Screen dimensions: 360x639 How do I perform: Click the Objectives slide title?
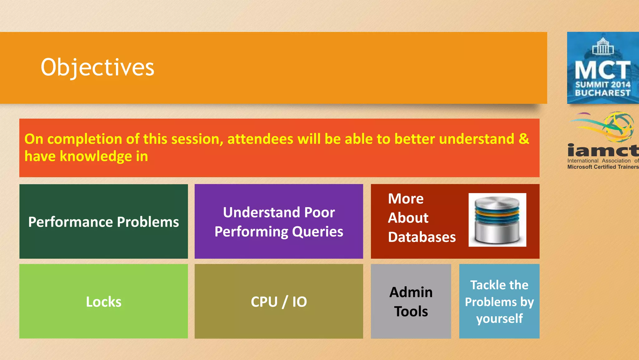(x=97, y=67)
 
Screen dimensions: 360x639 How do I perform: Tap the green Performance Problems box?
(x=103, y=222)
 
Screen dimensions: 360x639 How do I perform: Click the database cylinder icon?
(x=497, y=220)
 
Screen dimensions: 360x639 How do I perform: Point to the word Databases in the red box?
(x=422, y=237)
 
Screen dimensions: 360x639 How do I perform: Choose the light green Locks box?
(x=103, y=301)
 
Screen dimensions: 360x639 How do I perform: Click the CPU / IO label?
(x=279, y=302)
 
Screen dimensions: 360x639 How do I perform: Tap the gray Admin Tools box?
(x=411, y=301)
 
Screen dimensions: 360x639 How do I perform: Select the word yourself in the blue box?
(x=499, y=319)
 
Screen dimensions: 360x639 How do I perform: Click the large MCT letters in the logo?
(x=602, y=70)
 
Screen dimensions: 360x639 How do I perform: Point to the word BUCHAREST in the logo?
(x=602, y=93)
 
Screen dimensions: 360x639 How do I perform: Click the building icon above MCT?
(x=603, y=46)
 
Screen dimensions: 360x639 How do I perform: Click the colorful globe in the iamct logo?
(x=619, y=127)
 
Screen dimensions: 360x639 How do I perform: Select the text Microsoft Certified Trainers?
(x=603, y=167)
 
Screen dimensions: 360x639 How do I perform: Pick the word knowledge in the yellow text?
(x=95, y=156)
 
